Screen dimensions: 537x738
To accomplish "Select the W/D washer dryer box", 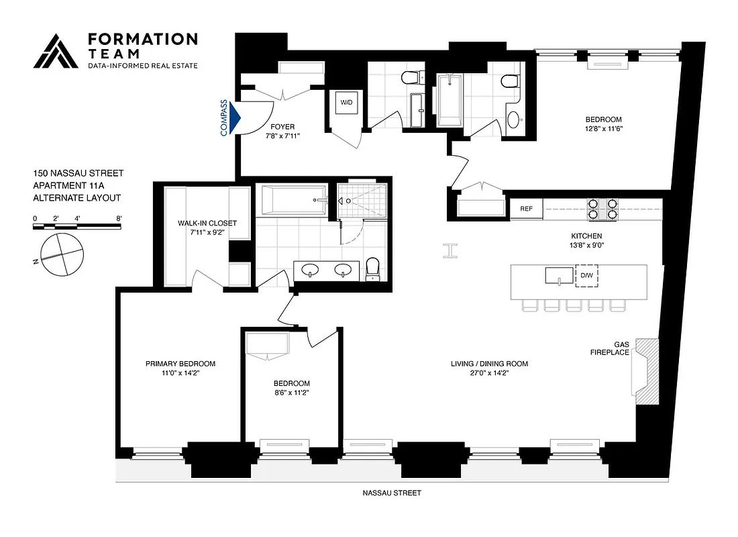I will click(346, 103).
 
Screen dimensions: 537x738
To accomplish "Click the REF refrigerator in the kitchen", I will click(527, 209).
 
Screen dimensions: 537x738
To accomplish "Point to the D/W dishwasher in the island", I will click(586, 276).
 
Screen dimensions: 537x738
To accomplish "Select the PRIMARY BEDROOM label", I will click(180, 364).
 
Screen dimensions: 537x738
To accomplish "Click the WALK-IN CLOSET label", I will click(207, 223).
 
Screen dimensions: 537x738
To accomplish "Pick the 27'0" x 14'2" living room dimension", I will click(489, 373).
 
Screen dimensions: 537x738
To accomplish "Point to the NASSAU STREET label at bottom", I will click(392, 493).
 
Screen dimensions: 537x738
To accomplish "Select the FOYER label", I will click(282, 126).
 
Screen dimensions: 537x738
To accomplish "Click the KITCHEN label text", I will click(586, 236).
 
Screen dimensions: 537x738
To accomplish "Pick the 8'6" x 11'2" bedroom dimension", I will click(291, 393).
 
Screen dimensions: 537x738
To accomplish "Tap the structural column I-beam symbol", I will click(450, 250).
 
